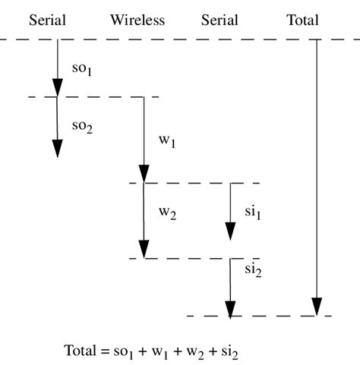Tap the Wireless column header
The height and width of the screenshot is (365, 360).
point(137,20)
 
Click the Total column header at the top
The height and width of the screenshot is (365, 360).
point(302,20)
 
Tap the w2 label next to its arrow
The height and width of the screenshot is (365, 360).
point(167,213)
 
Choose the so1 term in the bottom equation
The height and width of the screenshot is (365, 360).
point(125,353)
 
